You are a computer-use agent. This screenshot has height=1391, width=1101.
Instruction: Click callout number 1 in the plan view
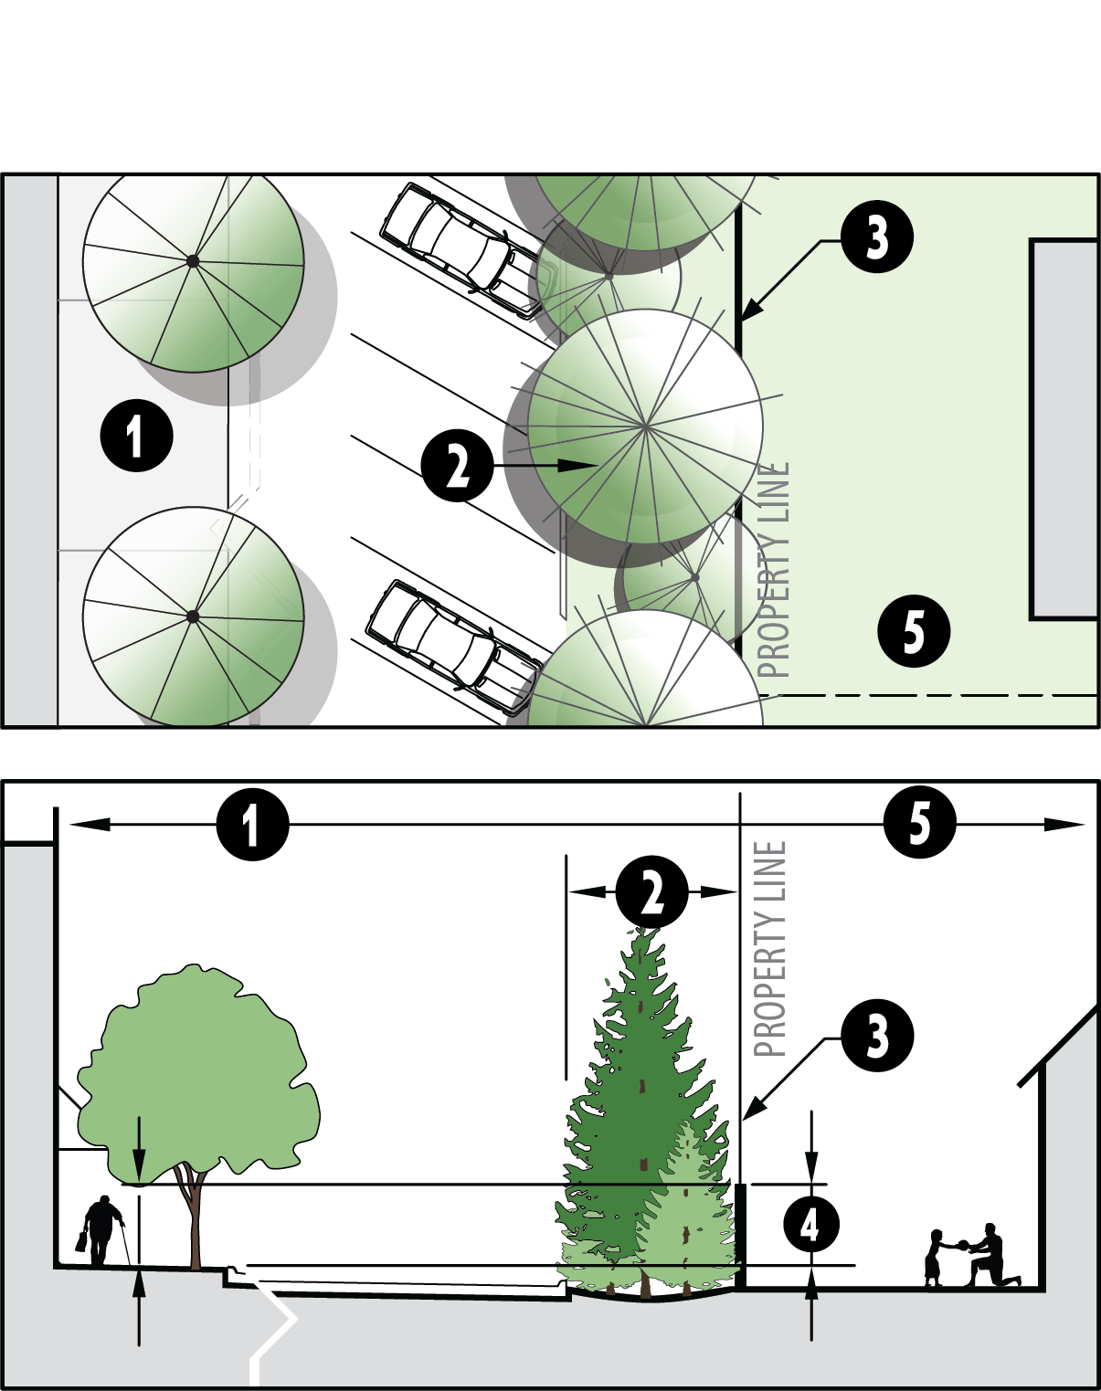tap(136, 435)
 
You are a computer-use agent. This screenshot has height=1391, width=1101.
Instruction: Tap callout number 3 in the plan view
tap(877, 237)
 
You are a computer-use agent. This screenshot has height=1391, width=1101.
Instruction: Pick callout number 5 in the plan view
tap(914, 630)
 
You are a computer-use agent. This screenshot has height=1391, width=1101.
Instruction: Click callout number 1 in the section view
tap(252, 825)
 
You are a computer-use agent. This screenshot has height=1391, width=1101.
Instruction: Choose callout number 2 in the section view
tap(651, 891)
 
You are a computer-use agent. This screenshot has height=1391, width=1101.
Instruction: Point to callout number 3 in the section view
tap(877, 1036)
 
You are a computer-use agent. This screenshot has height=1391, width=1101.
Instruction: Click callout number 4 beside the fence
tap(811, 1224)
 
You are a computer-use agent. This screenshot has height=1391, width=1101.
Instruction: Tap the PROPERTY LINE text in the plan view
tap(773, 570)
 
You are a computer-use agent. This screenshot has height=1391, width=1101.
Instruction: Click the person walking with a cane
tap(101, 1230)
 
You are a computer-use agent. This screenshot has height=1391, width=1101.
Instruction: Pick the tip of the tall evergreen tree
tap(646, 932)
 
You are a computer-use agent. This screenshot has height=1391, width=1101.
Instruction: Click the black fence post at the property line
tap(740, 1234)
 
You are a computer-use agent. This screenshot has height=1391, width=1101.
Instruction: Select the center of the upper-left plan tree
tap(193, 261)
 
